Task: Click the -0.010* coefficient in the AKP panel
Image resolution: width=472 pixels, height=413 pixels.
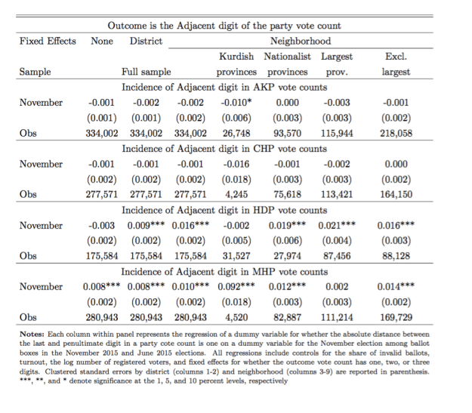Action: point(236,102)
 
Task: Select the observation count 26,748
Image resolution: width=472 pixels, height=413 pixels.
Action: point(236,132)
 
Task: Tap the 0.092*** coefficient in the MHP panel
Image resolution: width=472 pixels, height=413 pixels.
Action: point(236,287)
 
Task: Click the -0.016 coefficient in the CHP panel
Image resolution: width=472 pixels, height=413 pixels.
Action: point(236,164)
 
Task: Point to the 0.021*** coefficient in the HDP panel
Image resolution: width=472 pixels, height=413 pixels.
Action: point(337,225)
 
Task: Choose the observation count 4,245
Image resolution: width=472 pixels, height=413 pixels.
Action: point(236,194)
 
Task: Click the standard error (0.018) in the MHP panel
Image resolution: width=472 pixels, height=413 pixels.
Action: point(236,302)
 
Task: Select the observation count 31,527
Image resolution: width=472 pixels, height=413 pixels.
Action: point(236,255)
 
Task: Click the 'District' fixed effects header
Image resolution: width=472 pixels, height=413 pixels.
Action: point(146,41)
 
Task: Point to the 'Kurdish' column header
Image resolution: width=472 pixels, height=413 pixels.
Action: point(236,57)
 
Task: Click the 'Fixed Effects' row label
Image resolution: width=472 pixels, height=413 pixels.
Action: point(48,41)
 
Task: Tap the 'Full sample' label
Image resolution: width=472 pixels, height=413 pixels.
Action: point(146,72)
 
